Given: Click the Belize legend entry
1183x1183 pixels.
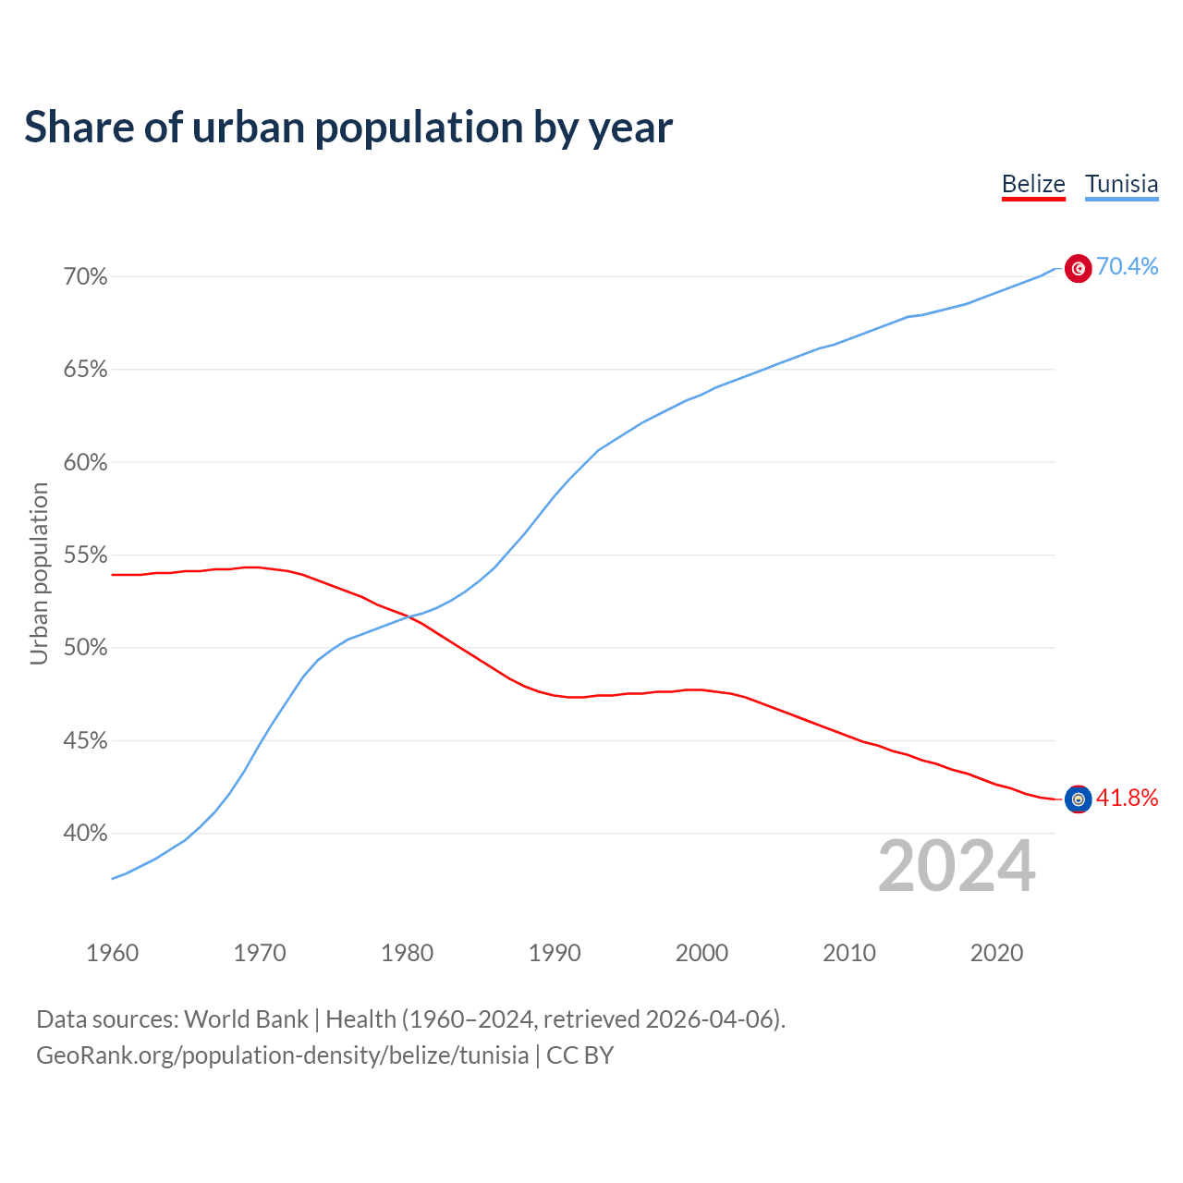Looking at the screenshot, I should tap(1033, 184).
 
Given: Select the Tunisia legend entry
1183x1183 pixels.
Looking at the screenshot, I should tap(1121, 184).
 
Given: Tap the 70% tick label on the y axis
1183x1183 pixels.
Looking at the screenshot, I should tap(86, 277).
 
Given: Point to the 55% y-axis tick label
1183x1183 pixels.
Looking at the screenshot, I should tap(86, 555).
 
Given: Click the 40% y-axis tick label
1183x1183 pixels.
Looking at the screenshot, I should tap(86, 834).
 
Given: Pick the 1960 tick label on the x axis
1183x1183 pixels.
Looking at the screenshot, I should tap(112, 953).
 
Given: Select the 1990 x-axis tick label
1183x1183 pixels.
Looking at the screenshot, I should tap(555, 953).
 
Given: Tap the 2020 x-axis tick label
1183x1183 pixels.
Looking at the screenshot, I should tap(996, 953).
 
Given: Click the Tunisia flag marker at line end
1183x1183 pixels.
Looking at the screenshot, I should tap(1078, 268).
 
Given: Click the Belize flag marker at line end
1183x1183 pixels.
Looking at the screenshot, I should tap(1078, 799).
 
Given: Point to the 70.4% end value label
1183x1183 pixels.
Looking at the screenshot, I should tap(1127, 267).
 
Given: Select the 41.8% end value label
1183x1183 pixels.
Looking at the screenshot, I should tap(1127, 799).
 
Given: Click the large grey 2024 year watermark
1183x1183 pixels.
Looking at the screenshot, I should tap(957, 866).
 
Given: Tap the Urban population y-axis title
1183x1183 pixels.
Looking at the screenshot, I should tap(39, 573).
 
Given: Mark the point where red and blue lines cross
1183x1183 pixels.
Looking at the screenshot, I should tap(407, 616).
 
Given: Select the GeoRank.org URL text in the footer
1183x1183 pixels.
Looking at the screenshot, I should tap(282, 1055).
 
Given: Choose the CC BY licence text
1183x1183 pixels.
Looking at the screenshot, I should tap(580, 1055).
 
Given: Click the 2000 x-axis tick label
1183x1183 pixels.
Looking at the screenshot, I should tap(701, 953).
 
